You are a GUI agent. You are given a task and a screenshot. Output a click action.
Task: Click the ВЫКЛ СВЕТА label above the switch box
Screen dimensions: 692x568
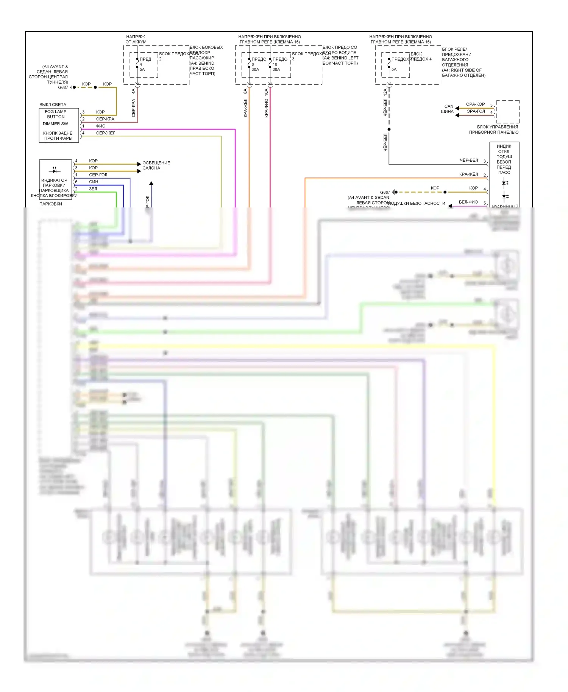tap(53, 104)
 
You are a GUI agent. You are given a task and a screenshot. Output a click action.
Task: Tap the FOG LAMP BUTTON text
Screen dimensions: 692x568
tap(56, 114)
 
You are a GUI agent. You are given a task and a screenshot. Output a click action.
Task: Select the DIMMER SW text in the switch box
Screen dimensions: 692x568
tap(55, 124)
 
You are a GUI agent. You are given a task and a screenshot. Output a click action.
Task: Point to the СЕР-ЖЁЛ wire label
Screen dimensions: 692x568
tap(106, 133)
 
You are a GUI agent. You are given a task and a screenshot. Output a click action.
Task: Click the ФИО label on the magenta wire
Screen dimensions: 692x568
tap(101, 126)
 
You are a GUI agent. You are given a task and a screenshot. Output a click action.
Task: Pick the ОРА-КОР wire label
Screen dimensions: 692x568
tap(475, 104)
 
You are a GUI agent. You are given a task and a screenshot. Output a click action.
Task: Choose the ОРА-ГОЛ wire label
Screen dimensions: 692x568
tap(476, 111)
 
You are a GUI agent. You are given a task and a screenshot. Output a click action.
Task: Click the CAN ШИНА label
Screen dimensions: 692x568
tap(448, 109)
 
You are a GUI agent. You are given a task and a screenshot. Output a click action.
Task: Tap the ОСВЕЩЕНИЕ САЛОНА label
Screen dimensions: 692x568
tap(156, 165)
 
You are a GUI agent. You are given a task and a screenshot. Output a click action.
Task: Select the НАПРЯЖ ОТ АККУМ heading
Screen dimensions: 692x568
tap(136, 39)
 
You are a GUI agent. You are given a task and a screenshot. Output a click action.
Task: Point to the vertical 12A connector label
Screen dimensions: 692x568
tap(385, 92)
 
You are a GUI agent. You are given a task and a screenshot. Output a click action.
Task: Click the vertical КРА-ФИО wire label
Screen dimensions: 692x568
tap(266, 108)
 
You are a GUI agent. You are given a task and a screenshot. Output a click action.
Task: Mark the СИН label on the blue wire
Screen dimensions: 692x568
tap(94, 182)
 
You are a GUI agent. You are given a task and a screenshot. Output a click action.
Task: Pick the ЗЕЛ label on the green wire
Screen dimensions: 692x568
tap(93, 189)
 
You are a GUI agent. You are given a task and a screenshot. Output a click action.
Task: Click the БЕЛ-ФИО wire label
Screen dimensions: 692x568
tap(468, 202)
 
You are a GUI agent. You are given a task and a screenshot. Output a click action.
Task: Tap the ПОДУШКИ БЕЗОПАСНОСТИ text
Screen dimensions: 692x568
tap(417, 203)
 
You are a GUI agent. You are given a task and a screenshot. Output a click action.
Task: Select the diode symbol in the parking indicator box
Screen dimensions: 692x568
tap(55, 170)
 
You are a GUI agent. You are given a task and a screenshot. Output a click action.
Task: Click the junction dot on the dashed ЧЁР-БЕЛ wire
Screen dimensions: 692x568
tap(389, 129)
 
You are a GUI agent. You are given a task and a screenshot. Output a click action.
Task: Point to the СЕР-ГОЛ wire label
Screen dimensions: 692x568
tap(98, 175)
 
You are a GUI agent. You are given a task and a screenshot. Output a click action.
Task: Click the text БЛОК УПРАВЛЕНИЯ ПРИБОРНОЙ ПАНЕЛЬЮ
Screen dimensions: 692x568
tap(494, 129)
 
